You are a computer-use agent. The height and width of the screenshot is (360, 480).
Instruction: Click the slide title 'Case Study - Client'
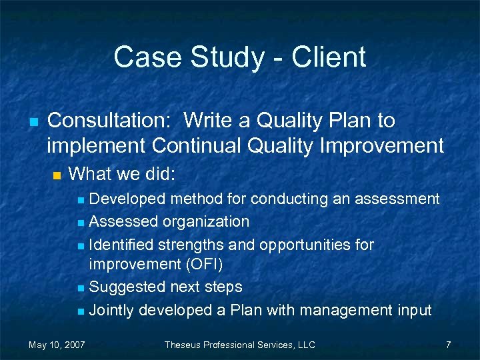click(239, 57)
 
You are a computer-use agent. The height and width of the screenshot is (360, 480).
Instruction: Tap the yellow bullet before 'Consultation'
click(32, 122)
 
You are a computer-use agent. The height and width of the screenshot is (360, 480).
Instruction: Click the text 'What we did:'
click(122, 175)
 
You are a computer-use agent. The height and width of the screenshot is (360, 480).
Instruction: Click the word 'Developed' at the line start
click(127, 199)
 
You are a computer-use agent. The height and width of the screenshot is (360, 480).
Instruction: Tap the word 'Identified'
click(121, 244)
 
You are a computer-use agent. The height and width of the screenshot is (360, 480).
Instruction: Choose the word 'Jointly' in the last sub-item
click(111, 310)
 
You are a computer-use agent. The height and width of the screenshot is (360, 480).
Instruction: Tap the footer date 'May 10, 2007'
click(56, 345)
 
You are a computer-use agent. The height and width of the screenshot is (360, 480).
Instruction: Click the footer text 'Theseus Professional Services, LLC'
click(239, 345)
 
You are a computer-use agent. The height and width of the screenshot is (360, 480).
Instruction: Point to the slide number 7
click(448, 345)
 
